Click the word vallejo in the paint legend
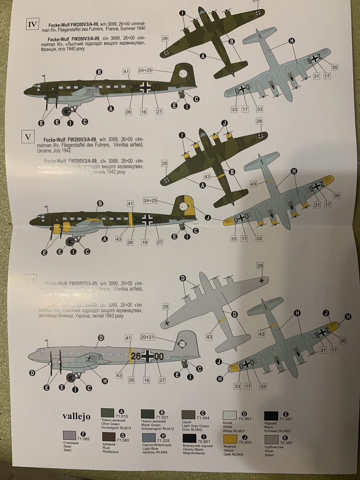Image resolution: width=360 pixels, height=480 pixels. click(x=76, y=416)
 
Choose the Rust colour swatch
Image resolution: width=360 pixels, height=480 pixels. click(x=109, y=437)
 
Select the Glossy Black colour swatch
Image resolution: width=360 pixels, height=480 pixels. click(x=190, y=438)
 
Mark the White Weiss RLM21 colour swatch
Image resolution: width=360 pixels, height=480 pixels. click(x=230, y=415)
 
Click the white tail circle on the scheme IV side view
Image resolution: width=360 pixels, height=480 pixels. click(x=183, y=72)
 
